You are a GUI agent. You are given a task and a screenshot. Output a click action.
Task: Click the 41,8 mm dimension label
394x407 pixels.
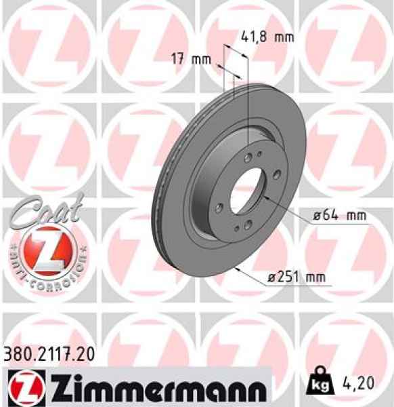click(267, 37)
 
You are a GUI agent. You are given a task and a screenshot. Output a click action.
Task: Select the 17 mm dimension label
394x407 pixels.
click(192, 59)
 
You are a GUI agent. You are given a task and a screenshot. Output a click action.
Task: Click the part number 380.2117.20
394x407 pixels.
click(51, 353)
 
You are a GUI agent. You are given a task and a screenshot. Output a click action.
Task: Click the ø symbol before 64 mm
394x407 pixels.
click(317, 216)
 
